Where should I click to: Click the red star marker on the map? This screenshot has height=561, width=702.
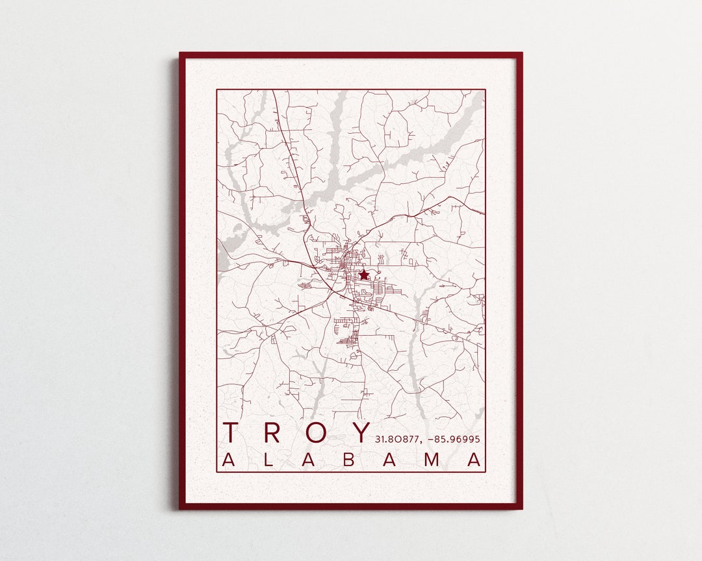click(x=363, y=275)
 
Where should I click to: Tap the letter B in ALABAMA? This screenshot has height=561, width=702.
click(x=349, y=460)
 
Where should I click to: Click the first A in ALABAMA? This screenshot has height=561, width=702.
click(x=229, y=460)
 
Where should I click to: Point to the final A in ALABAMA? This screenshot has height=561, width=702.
click(x=475, y=460)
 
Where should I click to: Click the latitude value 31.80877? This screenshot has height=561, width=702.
click(x=396, y=440)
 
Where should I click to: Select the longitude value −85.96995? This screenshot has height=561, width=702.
click(x=454, y=440)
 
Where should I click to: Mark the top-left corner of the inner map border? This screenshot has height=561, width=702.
click(x=217, y=90)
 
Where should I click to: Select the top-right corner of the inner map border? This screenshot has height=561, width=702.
click(x=486, y=90)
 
